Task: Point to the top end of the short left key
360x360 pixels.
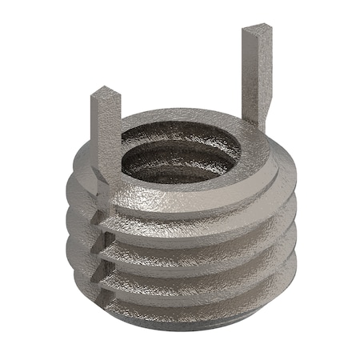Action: (x=105, y=94)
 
